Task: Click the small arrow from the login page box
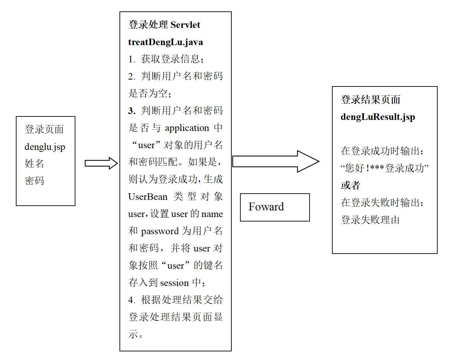pos(101,163)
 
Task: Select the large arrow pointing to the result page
pos(275,161)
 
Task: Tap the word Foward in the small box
pos(266,207)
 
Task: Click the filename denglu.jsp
pos(45,147)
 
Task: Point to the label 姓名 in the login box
pos(34,163)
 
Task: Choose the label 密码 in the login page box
pos(34,181)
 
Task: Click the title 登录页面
pos(44,130)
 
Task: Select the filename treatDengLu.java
pos(166,42)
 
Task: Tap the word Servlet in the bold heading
pos(185,25)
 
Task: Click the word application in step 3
pos(187,128)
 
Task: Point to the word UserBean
pos(148,197)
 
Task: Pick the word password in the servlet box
pos(160,231)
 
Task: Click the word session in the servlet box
pos(175,283)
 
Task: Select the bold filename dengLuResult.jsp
pos(378,117)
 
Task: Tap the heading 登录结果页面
pos(370,100)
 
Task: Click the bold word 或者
pos(351,185)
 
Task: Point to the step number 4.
pos(131,300)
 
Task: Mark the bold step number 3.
pos(132,111)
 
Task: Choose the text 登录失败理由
pos(370,220)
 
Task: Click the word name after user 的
pos(212,214)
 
